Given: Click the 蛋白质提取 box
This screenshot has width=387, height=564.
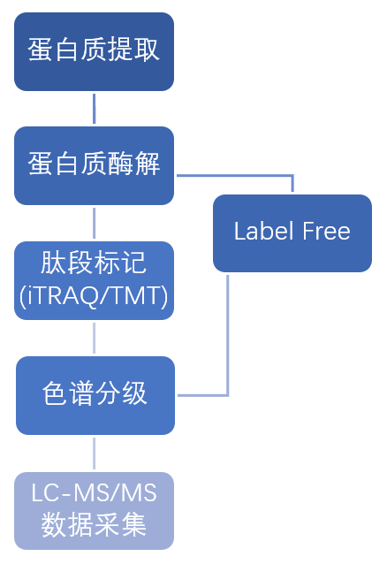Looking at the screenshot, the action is [94, 52].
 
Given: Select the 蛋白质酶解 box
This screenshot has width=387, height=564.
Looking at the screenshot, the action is [94, 165].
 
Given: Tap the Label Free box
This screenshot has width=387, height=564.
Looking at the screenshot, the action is [292, 233].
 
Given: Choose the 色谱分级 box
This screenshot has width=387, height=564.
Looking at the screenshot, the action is [95, 395].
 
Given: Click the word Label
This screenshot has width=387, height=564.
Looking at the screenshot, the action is [262, 231].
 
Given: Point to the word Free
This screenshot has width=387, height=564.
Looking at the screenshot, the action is [326, 231].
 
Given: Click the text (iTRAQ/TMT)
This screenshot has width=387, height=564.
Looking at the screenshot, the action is [94, 296].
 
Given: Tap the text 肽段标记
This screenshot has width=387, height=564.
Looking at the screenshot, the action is [94, 263].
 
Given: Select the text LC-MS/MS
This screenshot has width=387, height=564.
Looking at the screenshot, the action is [94, 492].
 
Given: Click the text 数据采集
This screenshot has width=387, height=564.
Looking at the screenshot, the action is [94, 525].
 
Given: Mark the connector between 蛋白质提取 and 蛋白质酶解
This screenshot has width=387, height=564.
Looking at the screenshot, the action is [95, 109].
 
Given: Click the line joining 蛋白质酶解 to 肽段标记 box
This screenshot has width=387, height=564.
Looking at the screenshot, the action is [95, 223].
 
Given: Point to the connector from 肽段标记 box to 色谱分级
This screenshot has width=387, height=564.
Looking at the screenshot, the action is [95, 338].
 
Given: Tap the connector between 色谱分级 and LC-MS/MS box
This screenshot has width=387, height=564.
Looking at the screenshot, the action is [95, 453].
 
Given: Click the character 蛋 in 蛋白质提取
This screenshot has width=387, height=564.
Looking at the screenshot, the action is [41, 50].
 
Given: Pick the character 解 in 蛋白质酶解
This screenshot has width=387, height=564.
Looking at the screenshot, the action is [147, 164].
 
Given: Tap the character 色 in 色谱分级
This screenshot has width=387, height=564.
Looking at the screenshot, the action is [55, 393].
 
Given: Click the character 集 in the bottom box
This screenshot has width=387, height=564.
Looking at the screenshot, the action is [133, 525].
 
